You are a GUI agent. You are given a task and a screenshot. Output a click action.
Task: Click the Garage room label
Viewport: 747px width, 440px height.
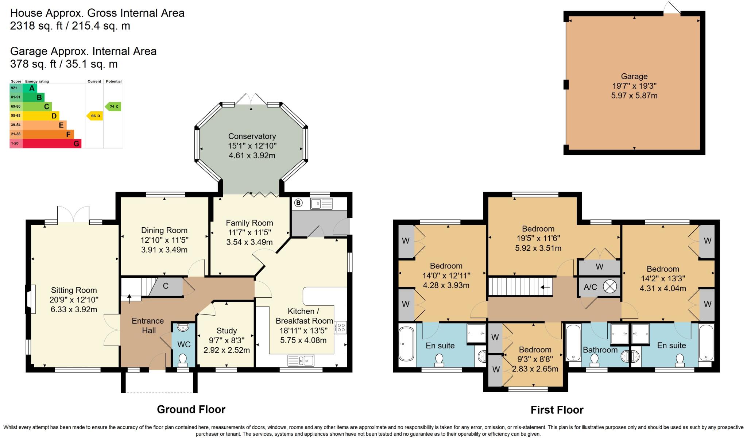click(x=634, y=77)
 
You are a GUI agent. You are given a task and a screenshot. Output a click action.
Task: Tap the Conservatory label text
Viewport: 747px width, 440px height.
click(x=252, y=136)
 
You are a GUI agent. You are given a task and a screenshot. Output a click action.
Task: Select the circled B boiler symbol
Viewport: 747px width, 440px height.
click(x=298, y=203)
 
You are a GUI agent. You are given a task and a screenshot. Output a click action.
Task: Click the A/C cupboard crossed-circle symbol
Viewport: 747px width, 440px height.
click(x=609, y=286)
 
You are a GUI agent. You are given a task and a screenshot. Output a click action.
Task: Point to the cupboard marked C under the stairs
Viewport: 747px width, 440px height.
click(x=166, y=286)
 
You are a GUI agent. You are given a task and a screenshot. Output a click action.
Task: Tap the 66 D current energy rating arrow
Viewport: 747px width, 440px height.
click(x=94, y=116)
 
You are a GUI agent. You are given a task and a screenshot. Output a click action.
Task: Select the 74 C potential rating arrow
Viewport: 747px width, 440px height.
click(x=113, y=107)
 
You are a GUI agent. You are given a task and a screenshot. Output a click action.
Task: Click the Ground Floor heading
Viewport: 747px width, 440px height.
click(x=191, y=409)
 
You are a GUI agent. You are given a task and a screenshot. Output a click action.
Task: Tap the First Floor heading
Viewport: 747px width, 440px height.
click(x=557, y=410)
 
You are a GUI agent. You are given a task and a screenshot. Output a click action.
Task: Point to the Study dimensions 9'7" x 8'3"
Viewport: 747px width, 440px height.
click(x=227, y=340)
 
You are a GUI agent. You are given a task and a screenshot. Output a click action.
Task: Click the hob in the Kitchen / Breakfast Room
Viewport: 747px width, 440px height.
click(x=340, y=327)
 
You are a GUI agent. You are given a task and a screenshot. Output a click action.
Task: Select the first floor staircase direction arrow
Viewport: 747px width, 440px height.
click(x=545, y=287)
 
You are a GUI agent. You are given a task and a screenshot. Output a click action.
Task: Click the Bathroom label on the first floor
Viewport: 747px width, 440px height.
click(x=600, y=350)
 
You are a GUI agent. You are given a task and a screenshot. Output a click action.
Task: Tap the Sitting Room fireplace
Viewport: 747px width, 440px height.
click(x=31, y=299)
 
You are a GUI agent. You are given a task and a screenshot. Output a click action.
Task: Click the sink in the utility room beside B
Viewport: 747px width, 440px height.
click(x=321, y=203)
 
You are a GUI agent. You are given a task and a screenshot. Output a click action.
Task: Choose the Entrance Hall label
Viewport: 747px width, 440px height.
click(x=147, y=325)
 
